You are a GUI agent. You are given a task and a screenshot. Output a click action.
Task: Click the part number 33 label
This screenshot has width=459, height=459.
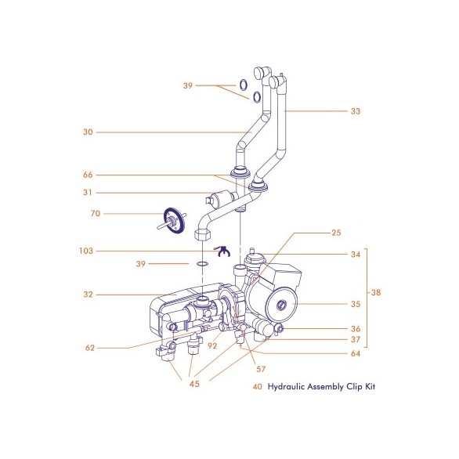tap(356, 111)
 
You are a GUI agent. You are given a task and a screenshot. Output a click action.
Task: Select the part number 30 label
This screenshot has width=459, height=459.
tap(88, 132)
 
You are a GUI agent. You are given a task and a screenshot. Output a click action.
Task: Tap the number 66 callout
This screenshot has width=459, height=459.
tap(88, 175)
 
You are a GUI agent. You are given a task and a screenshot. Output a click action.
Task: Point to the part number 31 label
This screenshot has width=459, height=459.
tap(88, 193)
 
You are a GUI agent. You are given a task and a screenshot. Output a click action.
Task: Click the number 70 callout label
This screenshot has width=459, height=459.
tap(96, 213)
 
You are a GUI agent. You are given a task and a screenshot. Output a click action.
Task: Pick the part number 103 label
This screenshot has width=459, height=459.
tap(86, 251)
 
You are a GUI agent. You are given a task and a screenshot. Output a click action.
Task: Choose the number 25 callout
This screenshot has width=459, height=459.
tap(336, 233)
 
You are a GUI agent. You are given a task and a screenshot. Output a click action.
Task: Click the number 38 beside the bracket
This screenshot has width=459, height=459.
tap(376, 292)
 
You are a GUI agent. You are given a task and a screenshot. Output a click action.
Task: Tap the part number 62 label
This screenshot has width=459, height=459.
tap(90, 348)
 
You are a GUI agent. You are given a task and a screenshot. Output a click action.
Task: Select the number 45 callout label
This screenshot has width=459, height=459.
tap(194, 384)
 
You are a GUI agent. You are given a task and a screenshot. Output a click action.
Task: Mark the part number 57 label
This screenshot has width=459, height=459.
tap(261, 369)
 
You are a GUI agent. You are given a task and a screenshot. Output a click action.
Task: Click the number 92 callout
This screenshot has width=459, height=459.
tap(212, 346)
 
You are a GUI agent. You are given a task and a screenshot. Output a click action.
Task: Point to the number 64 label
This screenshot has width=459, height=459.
tap(356, 353)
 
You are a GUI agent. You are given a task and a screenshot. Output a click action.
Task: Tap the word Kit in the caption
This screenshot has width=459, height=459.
tap(370, 386)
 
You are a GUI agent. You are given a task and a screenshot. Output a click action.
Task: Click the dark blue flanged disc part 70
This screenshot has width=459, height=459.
tap(174, 220)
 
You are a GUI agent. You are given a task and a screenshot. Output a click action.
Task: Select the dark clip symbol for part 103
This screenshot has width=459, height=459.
tap(222, 251)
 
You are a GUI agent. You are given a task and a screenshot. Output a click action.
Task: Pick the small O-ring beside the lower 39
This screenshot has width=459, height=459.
tap(202, 264)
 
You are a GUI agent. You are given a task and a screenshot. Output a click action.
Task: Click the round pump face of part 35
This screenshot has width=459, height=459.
tap(281, 305)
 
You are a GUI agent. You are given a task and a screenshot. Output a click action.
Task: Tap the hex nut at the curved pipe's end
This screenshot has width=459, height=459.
tap(203, 234)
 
